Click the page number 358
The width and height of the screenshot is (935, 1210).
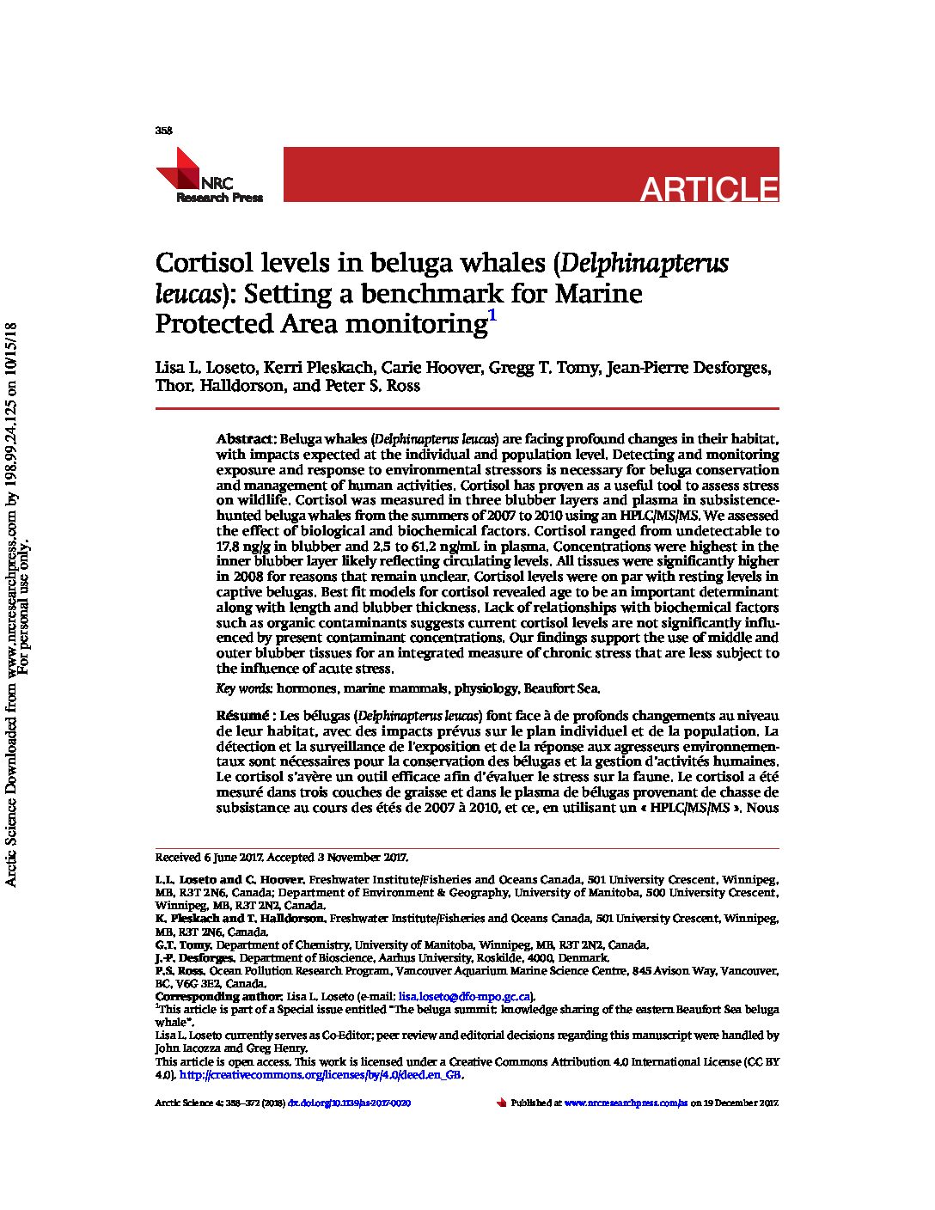tap(163, 131)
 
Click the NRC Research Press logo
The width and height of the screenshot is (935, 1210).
tap(209, 176)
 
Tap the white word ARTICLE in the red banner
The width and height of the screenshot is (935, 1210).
tap(709, 189)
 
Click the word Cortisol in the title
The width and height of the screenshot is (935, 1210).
tap(202, 263)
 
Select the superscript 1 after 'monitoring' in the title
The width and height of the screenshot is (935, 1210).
tap(492, 315)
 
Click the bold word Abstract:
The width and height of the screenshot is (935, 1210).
tap(246, 439)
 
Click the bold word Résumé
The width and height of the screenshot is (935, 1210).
tap(243, 716)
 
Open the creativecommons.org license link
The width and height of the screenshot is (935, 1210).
tap(321, 1075)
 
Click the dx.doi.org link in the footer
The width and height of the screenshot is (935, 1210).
tap(349, 1103)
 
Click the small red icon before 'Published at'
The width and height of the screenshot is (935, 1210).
tap(501, 1103)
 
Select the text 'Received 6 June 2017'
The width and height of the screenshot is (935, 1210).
tap(209, 858)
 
